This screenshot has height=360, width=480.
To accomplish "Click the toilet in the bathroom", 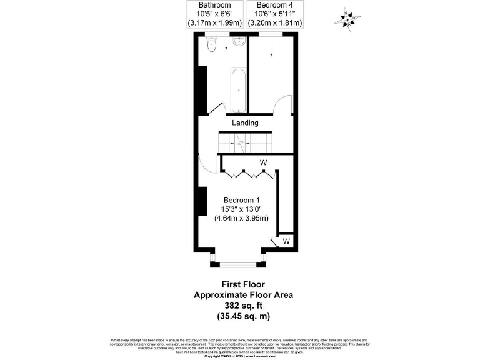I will click(x=211, y=44).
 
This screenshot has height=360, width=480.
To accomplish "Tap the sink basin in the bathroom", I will click(x=239, y=42).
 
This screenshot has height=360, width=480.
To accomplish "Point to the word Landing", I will click(x=245, y=123).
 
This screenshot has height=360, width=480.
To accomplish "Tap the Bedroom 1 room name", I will click(x=241, y=200).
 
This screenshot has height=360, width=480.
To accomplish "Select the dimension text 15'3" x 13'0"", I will click(x=241, y=209).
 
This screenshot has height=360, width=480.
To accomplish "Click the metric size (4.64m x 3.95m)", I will click(x=241, y=219).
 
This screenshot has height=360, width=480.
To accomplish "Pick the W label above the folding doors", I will click(x=264, y=163).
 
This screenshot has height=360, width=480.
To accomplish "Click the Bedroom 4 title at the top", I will click(x=274, y=4).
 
